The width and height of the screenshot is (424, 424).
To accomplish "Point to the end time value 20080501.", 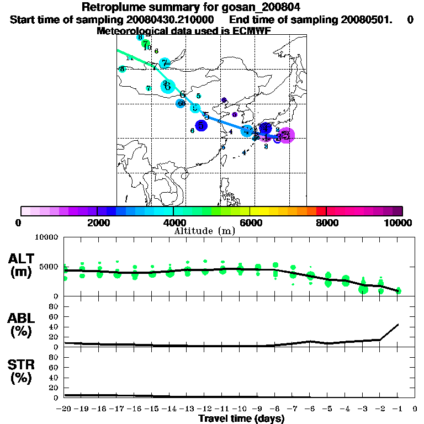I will (357, 19).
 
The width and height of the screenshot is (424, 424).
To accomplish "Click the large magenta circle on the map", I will (286, 135).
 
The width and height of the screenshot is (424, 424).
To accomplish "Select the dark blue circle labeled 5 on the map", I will (201, 126).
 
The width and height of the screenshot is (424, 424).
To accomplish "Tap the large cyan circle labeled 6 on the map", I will (167, 86).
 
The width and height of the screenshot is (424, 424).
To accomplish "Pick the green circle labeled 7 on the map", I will (145, 43).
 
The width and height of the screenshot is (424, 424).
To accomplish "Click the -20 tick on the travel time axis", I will (64, 409).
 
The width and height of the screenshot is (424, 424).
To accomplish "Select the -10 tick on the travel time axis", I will (240, 409).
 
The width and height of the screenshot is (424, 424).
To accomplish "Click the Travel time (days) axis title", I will (241, 419).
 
